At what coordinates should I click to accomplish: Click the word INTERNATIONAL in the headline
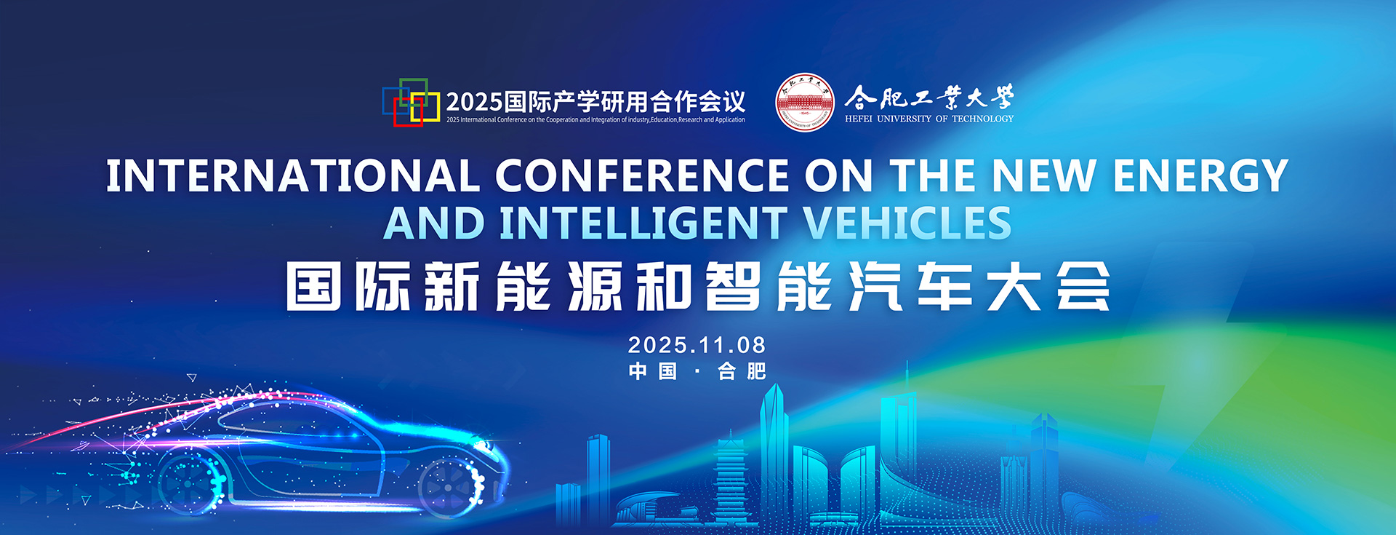pyautogui.click(x=293, y=175)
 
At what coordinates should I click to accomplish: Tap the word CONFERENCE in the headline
pyautogui.click(x=643, y=175)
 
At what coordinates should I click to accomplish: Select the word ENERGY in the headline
pyautogui.click(x=1200, y=175)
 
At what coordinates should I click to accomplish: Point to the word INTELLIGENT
pyautogui.click(x=643, y=223)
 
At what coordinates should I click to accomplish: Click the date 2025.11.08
pyautogui.click(x=697, y=345)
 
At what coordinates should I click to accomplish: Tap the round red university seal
pyautogui.click(x=804, y=102)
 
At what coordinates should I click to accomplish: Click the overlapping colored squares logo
pyautogui.click(x=412, y=102)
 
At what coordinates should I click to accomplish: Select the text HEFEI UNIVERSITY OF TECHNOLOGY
pyautogui.click(x=929, y=119)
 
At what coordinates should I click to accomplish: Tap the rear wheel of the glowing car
pyautogui.click(x=192, y=480)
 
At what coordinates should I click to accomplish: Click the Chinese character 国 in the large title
pyautogui.click(x=314, y=286)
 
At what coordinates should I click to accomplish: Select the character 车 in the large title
pyautogui.click(x=945, y=286)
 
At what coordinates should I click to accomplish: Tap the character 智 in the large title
pyautogui.click(x=733, y=286)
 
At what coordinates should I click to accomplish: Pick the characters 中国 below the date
pyautogui.click(x=653, y=371)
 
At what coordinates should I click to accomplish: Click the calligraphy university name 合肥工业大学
pyautogui.click(x=929, y=98)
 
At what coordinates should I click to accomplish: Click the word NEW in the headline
pyautogui.click(x=1044, y=175)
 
